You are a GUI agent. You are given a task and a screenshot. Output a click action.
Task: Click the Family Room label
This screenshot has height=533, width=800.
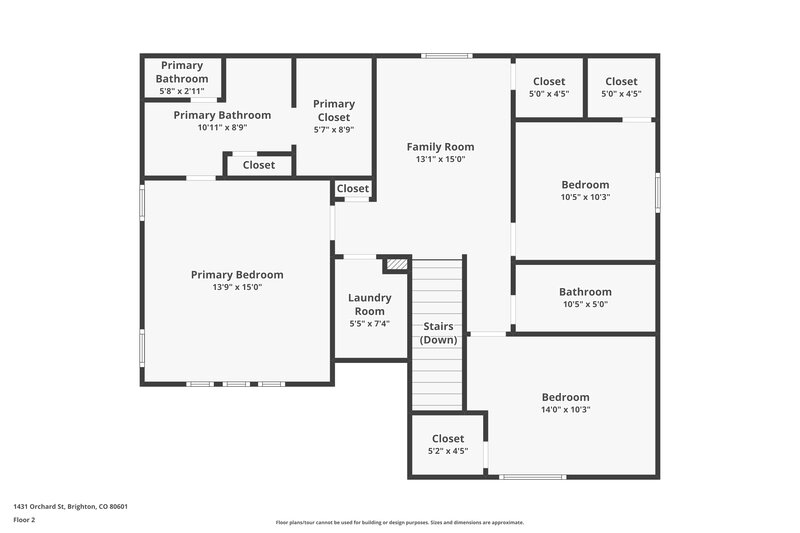440,147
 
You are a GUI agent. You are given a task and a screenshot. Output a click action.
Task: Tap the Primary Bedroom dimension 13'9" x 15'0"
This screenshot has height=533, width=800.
237,288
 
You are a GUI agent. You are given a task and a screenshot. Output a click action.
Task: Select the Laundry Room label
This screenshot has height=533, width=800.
370,304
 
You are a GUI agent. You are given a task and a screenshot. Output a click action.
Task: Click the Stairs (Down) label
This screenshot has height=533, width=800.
438,333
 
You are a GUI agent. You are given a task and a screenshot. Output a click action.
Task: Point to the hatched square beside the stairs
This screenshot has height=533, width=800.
397,264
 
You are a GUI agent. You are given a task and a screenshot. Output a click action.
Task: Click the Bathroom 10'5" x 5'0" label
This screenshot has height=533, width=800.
585,292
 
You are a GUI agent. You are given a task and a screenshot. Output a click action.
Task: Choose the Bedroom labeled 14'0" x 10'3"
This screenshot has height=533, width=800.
565,397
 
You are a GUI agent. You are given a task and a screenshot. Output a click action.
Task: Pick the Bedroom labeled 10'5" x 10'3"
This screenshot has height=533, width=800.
585,185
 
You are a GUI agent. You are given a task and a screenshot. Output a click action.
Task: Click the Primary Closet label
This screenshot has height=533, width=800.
334,110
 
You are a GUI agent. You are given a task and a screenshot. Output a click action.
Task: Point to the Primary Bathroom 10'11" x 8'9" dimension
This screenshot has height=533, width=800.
222,128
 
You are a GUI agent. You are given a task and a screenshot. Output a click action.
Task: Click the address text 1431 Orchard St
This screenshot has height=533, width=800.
70,506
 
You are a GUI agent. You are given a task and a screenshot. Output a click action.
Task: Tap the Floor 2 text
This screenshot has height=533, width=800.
24,520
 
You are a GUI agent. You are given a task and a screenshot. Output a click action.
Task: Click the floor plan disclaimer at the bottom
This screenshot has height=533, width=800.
399,522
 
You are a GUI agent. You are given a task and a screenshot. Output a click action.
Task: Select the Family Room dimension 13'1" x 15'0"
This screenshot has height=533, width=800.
440,159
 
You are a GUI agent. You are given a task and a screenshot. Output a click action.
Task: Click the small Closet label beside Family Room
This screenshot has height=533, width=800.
352,189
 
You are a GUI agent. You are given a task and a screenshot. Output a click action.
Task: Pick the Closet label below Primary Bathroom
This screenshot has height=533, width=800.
259,165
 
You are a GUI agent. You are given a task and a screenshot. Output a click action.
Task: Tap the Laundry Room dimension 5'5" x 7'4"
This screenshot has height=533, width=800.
370,323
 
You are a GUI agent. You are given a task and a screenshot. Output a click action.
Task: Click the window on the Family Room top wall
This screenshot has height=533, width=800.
446,55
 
